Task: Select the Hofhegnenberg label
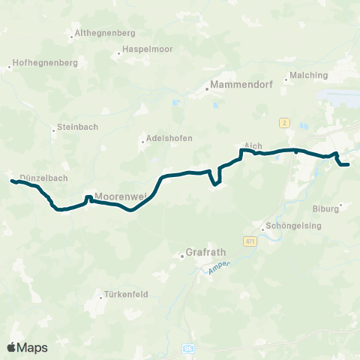46,64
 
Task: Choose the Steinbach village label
77,127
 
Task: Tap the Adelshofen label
170,138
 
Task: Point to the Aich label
252,146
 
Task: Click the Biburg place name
325,209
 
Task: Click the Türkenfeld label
124,295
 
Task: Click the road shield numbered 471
250,241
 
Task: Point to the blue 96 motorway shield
188,349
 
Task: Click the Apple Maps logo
28,347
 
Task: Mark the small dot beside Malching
286,75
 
